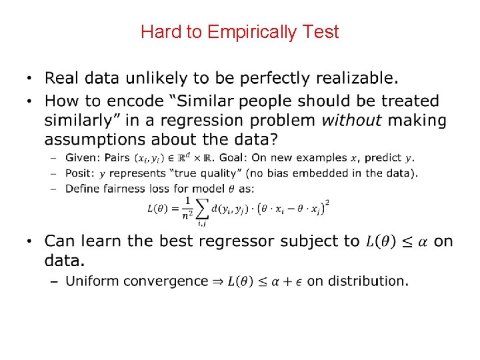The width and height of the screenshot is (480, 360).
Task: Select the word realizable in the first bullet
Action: pos(358,79)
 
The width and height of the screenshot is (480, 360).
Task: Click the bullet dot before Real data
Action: pos(29,79)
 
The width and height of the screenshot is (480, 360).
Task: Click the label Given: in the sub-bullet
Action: pos(82,158)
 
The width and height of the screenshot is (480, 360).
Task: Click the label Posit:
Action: pos(81,173)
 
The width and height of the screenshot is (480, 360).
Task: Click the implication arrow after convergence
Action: pos(217,281)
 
